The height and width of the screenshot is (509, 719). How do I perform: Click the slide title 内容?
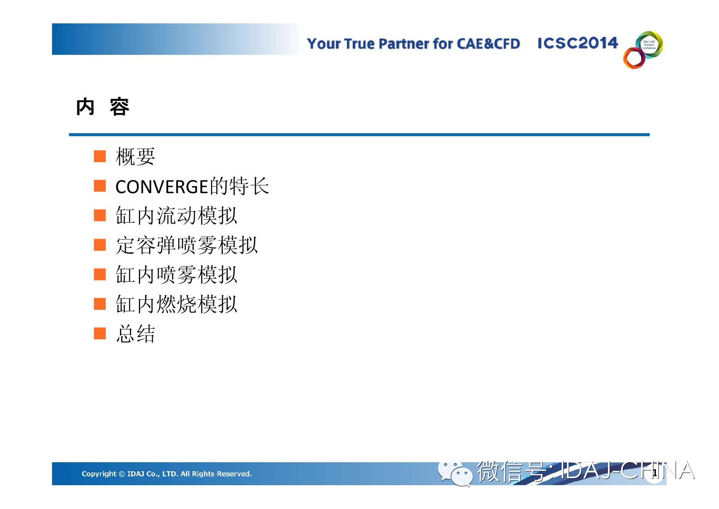(103, 107)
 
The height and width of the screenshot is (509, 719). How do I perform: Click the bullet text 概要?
(136, 157)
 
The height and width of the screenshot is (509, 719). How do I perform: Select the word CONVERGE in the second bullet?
(163, 187)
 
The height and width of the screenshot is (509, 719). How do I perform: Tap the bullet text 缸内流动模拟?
(177, 216)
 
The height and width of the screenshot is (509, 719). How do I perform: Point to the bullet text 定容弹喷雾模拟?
(187, 245)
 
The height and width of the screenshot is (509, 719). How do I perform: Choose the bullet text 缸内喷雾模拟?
(177, 275)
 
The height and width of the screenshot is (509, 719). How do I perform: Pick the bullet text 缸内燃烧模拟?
(177, 304)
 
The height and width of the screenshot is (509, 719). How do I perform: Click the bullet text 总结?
(136, 334)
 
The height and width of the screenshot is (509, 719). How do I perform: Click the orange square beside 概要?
(100, 156)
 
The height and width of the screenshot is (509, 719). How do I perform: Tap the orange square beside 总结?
(100, 333)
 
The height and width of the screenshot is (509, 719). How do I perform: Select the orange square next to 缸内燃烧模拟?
(100, 304)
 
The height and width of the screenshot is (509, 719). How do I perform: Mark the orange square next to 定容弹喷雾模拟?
(100, 245)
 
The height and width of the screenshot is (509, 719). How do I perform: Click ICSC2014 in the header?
(578, 43)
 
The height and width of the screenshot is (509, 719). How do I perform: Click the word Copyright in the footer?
(99, 474)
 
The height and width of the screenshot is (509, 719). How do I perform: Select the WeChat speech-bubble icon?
(455, 474)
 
